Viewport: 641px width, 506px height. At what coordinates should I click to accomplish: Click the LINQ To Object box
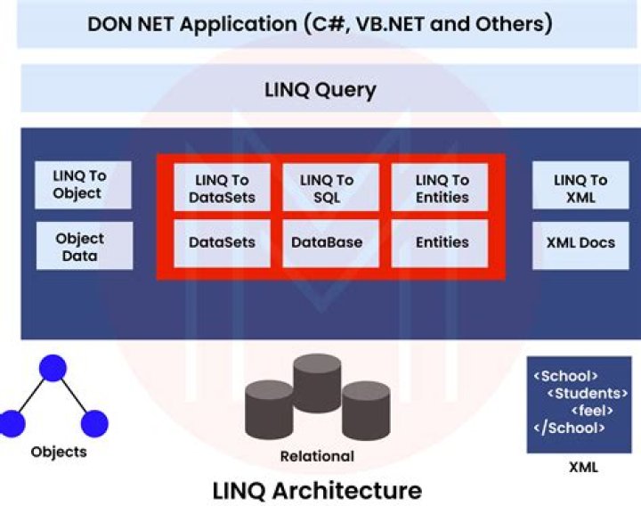(x=84, y=184)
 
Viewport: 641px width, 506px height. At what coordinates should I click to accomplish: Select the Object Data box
(x=84, y=246)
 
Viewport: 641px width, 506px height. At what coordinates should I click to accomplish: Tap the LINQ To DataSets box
(x=222, y=187)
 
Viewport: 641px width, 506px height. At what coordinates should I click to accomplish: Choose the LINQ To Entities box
(x=441, y=187)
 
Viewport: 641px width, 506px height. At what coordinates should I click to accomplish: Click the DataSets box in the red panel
(x=222, y=243)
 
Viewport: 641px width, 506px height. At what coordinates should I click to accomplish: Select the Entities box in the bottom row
(x=441, y=243)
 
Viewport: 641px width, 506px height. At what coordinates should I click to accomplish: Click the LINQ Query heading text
(x=320, y=90)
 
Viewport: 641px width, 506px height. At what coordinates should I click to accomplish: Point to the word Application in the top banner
(x=239, y=24)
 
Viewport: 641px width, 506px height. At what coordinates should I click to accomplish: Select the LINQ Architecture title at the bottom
(x=316, y=490)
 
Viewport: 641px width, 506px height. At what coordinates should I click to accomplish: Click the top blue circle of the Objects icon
(x=53, y=368)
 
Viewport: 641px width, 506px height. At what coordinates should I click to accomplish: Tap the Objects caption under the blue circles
(x=59, y=452)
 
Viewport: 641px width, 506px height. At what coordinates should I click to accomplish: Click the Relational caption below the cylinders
(x=317, y=456)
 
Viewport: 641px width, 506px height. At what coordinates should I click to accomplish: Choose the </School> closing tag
(x=570, y=428)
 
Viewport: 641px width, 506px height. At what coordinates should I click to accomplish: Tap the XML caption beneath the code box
(x=583, y=467)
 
